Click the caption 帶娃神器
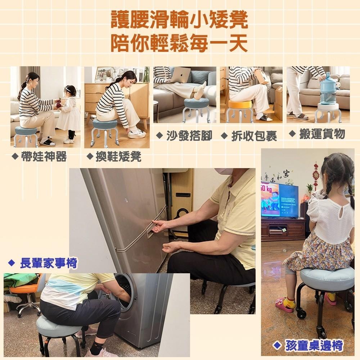pos(43,157)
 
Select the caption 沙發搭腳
pos(189,136)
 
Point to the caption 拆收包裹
pos(253,136)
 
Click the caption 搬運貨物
pos(321,134)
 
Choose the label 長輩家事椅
pos(48,264)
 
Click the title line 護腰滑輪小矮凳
pos(179,21)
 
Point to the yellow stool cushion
pos(240,104)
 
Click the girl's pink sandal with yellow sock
pos(285,305)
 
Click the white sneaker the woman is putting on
pos(137,134)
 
